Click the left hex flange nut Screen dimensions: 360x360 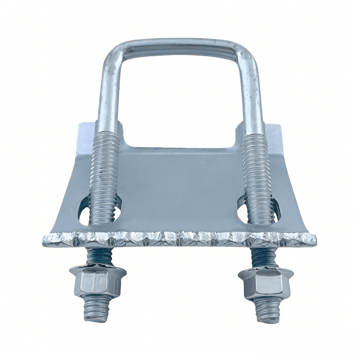coord(97,283)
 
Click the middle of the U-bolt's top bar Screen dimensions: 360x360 coord(180,45)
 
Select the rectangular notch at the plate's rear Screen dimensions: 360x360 coord(180,137)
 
